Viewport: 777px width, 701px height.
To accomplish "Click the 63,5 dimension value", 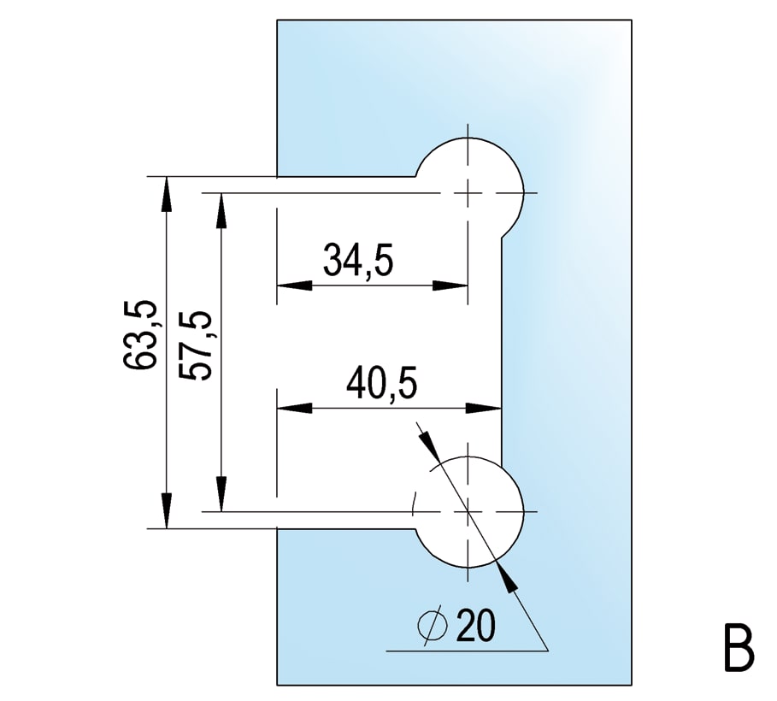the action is (x=139, y=335).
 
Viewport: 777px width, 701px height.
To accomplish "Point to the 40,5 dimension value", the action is (x=381, y=384).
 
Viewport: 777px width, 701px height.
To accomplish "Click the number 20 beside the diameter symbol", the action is (x=476, y=626).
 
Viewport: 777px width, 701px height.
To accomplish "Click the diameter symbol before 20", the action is (x=433, y=626).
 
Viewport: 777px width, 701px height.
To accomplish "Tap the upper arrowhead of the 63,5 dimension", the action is (x=167, y=194).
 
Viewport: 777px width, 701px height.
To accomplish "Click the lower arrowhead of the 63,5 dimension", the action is (x=167, y=511).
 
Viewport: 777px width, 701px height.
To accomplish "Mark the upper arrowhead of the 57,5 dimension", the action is (x=221, y=210).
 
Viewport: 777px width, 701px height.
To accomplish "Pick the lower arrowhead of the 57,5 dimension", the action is (x=221, y=494).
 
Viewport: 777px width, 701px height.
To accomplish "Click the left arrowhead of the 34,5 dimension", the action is (x=294, y=286).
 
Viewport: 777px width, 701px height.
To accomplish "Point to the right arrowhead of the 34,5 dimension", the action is (x=450, y=286).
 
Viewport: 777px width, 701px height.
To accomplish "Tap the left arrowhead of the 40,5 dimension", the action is (x=294, y=409).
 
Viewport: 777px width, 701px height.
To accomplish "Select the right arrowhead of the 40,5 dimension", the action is (x=484, y=409).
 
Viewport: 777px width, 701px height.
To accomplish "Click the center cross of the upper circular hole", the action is (x=468, y=192).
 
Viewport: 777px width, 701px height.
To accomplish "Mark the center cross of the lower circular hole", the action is (x=468, y=511).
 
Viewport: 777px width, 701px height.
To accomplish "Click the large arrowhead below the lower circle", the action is (x=505, y=575).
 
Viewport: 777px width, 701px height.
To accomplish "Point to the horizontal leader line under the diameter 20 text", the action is (x=467, y=651).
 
